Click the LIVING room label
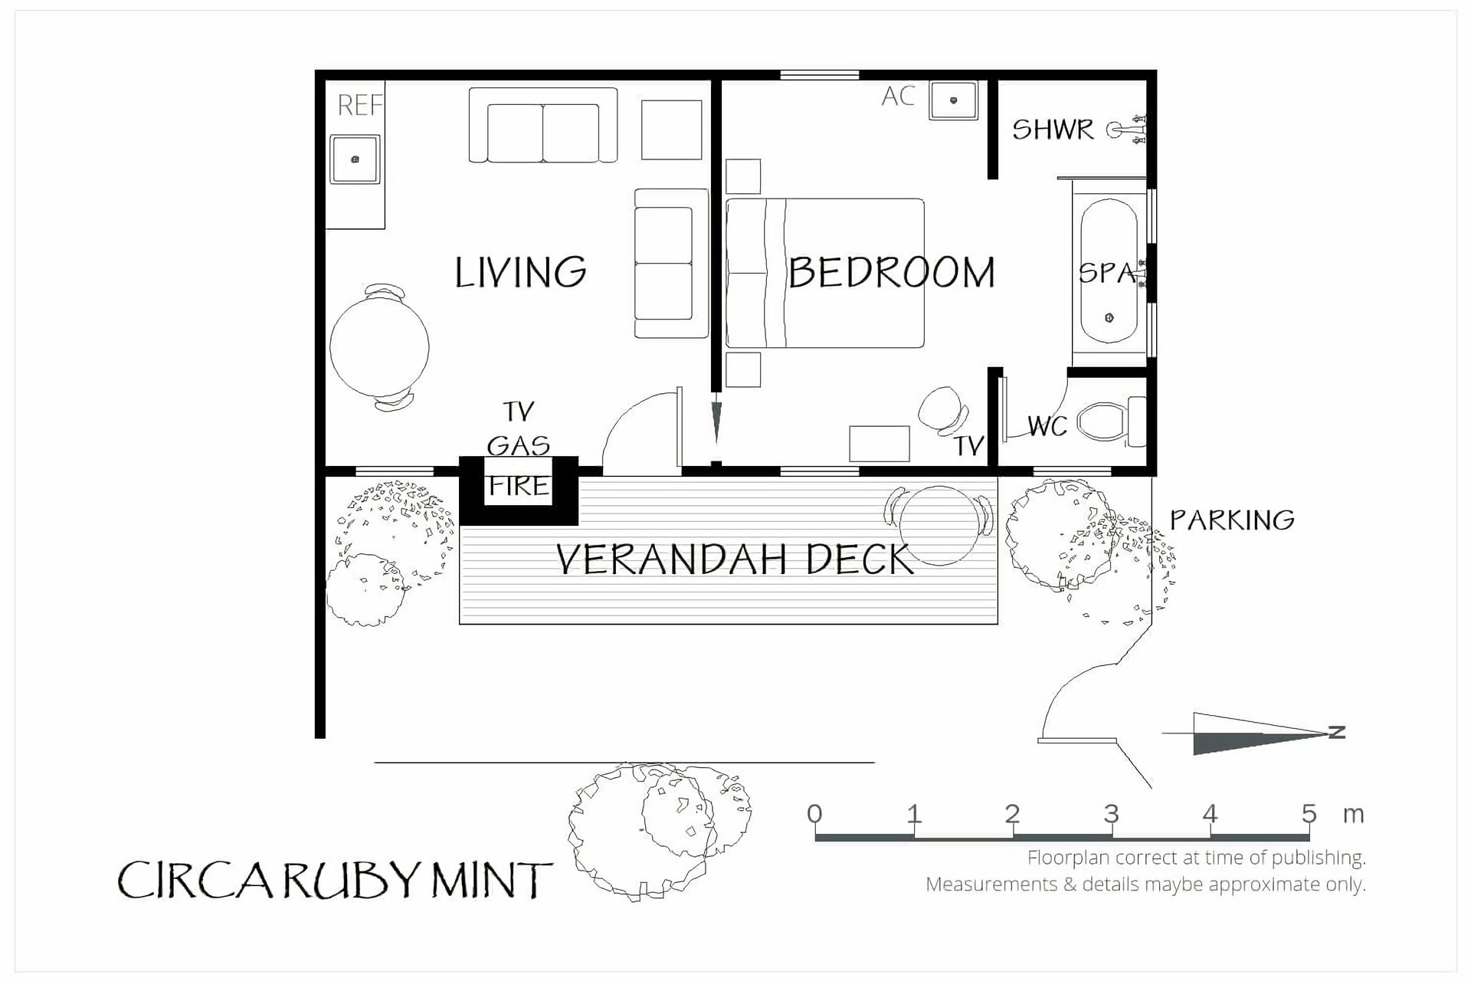[x=521, y=272]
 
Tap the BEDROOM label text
[x=892, y=272]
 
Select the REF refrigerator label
[x=360, y=105]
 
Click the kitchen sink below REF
[x=355, y=159]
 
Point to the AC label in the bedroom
[x=899, y=96]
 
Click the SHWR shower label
[x=1053, y=130]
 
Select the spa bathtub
[x=1109, y=271]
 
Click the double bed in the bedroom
[x=825, y=273]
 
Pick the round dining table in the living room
[x=379, y=346]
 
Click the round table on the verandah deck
[x=939, y=525]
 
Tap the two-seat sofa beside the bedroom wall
[x=671, y=263]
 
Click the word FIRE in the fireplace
[x=519, y=486]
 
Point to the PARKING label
[x=1232, y=520]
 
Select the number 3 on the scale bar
[x=1111, y=813]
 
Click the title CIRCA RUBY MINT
[x=335, y=880]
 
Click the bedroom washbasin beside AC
[x=954, y=100]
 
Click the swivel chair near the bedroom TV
[x=941, y=409]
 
